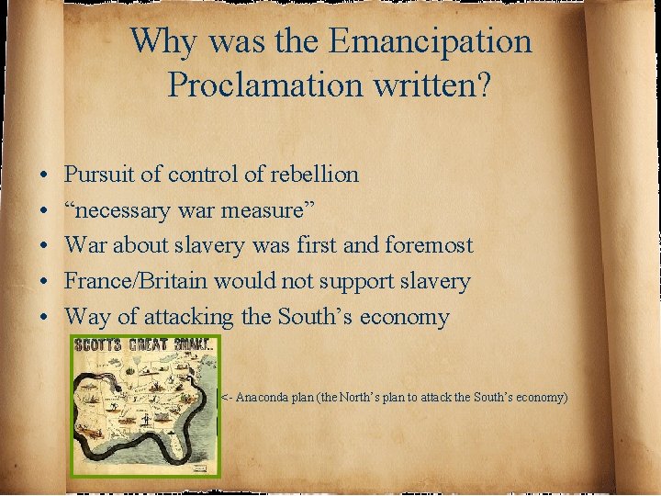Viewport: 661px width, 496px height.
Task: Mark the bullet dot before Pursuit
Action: [44, 174]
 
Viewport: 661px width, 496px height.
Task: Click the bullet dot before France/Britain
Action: [44, 282]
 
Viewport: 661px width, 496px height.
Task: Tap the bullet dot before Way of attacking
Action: [44, 318]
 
